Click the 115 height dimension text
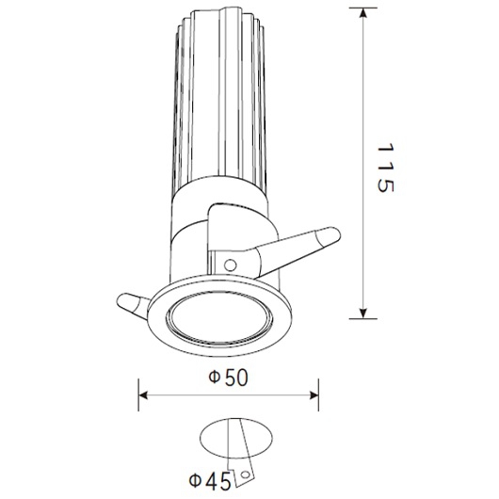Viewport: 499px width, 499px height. tap(381, 170)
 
